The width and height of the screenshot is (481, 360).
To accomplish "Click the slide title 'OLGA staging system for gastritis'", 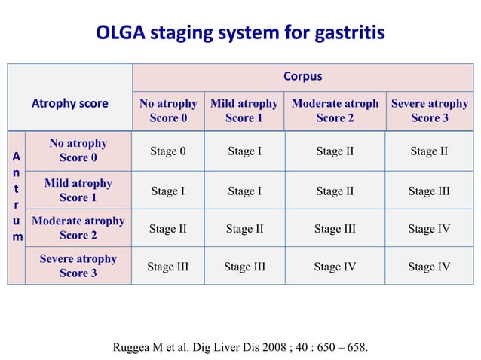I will [x=240, y=33].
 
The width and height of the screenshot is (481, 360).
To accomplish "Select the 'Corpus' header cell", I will [x=302, y=77].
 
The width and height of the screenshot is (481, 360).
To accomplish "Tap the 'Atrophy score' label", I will [x=69, y=104].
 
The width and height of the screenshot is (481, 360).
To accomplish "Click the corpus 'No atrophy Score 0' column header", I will [x=168, y=111].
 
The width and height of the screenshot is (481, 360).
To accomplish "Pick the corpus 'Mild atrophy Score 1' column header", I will [x=244, y=111].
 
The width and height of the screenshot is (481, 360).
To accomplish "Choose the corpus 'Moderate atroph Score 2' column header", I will [x=335, y=111].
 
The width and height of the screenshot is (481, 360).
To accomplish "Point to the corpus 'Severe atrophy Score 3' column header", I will [x=429, y=111].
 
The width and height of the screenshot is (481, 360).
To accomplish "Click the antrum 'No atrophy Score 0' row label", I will [x=78, y=151].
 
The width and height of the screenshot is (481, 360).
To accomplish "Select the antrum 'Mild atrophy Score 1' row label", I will [x=78, y=191].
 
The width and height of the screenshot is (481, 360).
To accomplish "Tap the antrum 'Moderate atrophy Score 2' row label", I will [x=78, y=228].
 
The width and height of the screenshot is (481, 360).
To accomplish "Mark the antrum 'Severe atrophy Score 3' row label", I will [x=78, y=266].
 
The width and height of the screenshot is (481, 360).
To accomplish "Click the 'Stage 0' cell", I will [x=168, y=151].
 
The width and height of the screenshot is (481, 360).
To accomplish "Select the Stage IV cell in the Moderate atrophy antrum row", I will [x=429, y=228].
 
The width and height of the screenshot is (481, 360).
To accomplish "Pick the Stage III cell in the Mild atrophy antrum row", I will [x=429, y=191].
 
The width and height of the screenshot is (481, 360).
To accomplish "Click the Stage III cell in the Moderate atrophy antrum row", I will [x=335, y=228].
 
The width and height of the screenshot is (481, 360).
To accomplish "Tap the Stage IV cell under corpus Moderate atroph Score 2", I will [x=335, y=266].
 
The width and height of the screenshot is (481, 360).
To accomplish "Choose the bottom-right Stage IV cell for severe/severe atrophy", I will [x=429, y=266].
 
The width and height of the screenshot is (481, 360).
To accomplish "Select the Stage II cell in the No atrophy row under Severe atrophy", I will [x=429, y=151].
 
